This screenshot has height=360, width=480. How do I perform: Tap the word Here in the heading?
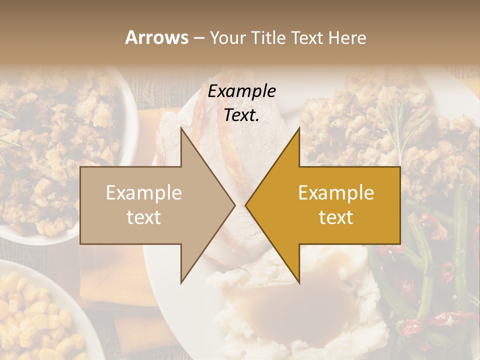click(348, 37)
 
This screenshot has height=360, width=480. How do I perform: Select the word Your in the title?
click(227, 38)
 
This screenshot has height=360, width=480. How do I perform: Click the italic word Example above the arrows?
click(241, 91)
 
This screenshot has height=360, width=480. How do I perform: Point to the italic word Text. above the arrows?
click(241, 115)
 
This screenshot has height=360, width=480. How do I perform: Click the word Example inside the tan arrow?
click(144, 193)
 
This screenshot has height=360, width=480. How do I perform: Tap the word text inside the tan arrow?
click(144, 217)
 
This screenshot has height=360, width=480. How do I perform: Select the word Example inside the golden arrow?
click(336, 193)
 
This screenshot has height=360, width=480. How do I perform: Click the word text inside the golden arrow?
click(336, 217)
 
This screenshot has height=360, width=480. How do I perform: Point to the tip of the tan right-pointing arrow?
click(234, 205)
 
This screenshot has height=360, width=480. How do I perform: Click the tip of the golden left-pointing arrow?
click(246, 205)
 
